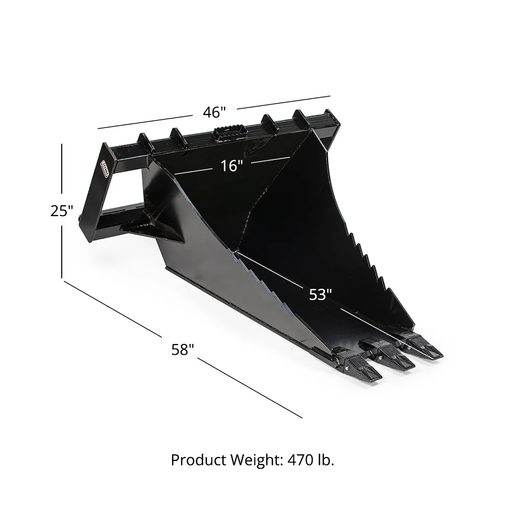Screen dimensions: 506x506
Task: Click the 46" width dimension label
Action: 214,112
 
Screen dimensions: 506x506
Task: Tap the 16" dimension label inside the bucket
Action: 232,165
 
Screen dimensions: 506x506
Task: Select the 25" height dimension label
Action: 62,210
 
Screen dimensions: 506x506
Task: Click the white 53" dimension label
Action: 320,294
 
